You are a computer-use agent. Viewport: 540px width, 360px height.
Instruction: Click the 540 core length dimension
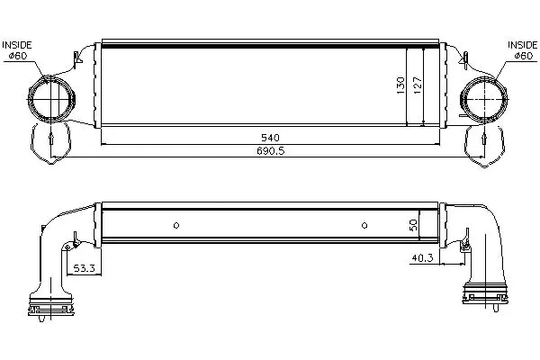pyautogui.click(x=270, y=138)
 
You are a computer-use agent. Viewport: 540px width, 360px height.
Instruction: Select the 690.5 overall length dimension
pyautogui.click(x=271, y=151)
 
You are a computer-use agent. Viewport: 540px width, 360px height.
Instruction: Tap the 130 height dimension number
pyautogui.click(x=400, y=85)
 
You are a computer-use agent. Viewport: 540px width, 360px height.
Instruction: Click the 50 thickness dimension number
pyautogui.click(x=414, y=225)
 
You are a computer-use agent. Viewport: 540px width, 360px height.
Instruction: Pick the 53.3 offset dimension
pyautogui.click(x=84, y=268)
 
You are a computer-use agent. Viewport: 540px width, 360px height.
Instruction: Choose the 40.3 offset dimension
pyautogui.click(x=422, y=257)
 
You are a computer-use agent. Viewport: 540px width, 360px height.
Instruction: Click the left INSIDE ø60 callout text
pyautogui.click(x=17, y=50)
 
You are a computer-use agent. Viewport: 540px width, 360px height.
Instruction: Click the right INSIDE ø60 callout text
pyautogui.click(x=522, y=50)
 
